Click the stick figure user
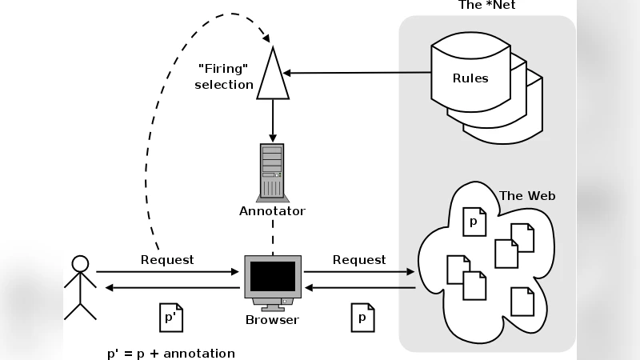click(x=79, y=288)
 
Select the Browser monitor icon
click(x=272, y=280)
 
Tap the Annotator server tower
click(x=272, y=171)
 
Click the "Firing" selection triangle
click(x=272, y=76)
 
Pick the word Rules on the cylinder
click(x=470, y=78)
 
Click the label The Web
click(x=527, y=195)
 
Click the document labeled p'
click(x=170, y=318)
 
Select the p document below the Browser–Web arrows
click(x=362, y=318)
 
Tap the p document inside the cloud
click(x=473, y=222)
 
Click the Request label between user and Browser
click(x=167, y=260)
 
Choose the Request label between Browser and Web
click(x=359, y=260)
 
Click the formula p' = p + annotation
click(x=171, y=353)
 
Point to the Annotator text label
click(x=272, y=211)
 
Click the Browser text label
click(x=272, y=320)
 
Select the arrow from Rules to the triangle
click(x=352, y=74)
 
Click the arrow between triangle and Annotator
click(x=272, y=120)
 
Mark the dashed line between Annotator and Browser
click(x=272, y=237)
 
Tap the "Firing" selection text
click(x=225, y=77)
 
